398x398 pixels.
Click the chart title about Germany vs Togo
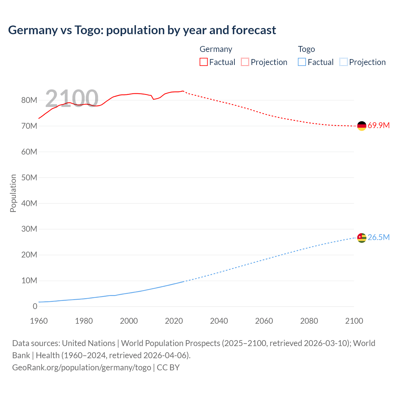point(142,30)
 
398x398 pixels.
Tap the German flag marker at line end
point(362,126)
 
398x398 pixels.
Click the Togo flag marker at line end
point(362,238)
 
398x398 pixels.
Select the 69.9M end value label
point(378,126)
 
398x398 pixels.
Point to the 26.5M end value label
point(378,238)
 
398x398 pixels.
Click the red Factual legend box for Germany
point(203,62)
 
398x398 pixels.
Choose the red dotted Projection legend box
point(245,62)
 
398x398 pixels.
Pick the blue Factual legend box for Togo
point(302,62)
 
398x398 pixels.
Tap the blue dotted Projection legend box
point(343,62)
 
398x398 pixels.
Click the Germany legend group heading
point(216,49)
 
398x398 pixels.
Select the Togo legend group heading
point(306,49)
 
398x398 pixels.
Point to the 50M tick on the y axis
point(29,178)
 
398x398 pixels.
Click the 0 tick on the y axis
point(35,306)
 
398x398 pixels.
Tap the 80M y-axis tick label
point(29,100)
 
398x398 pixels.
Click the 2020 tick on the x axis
point(174,321)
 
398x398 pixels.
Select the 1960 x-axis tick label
point(39,321)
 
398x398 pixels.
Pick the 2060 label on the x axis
point(264,321)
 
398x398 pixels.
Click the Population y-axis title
point(13,193)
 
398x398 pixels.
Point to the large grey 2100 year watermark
point(72,99)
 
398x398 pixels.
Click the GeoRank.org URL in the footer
point(81,368)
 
